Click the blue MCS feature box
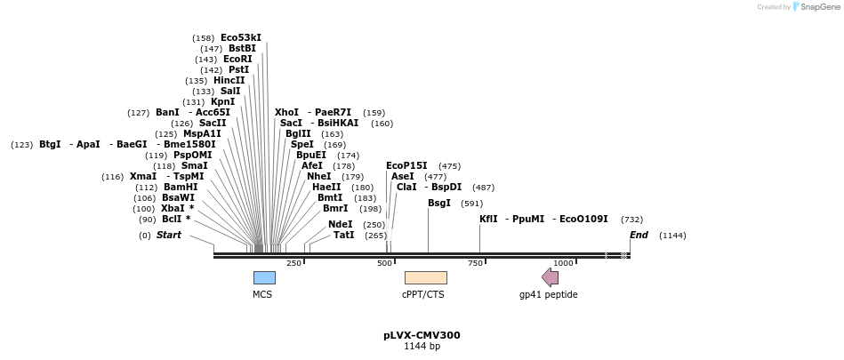pyautogui.click(x=264, y=277)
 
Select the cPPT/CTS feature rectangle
pyautogui.click(x=425, y=277)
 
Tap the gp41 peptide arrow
pyautogui.click(x=551, y=277)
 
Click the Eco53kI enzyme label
pyautogui.click(x=241, y=37)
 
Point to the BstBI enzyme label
pyautogui.click(x=242, y=49)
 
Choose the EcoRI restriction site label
pyautogui.click(x=237, y=60)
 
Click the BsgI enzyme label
pyautogui.click(x=439, y=203)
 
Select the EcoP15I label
pyautogui.click(x=406, y=165)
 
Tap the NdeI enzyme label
pyautogui.click(x=340, y=225)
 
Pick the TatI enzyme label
pyautogui.click(x=343, y=236)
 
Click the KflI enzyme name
pyautogui.click(x=488, y=219)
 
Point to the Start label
pyautogui.click(x=168, y=236)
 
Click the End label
pyautogui.click(x=639, y=236)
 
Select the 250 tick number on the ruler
pyautogui.click(x=293, y=263)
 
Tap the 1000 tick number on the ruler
pyautogui.click(x=563, y=263)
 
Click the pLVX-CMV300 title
pyautogui.click(x=422, y=335)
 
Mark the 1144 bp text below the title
pyautogui.click(x=422, y=347)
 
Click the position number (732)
pyautogui.click(x=631, y=220)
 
